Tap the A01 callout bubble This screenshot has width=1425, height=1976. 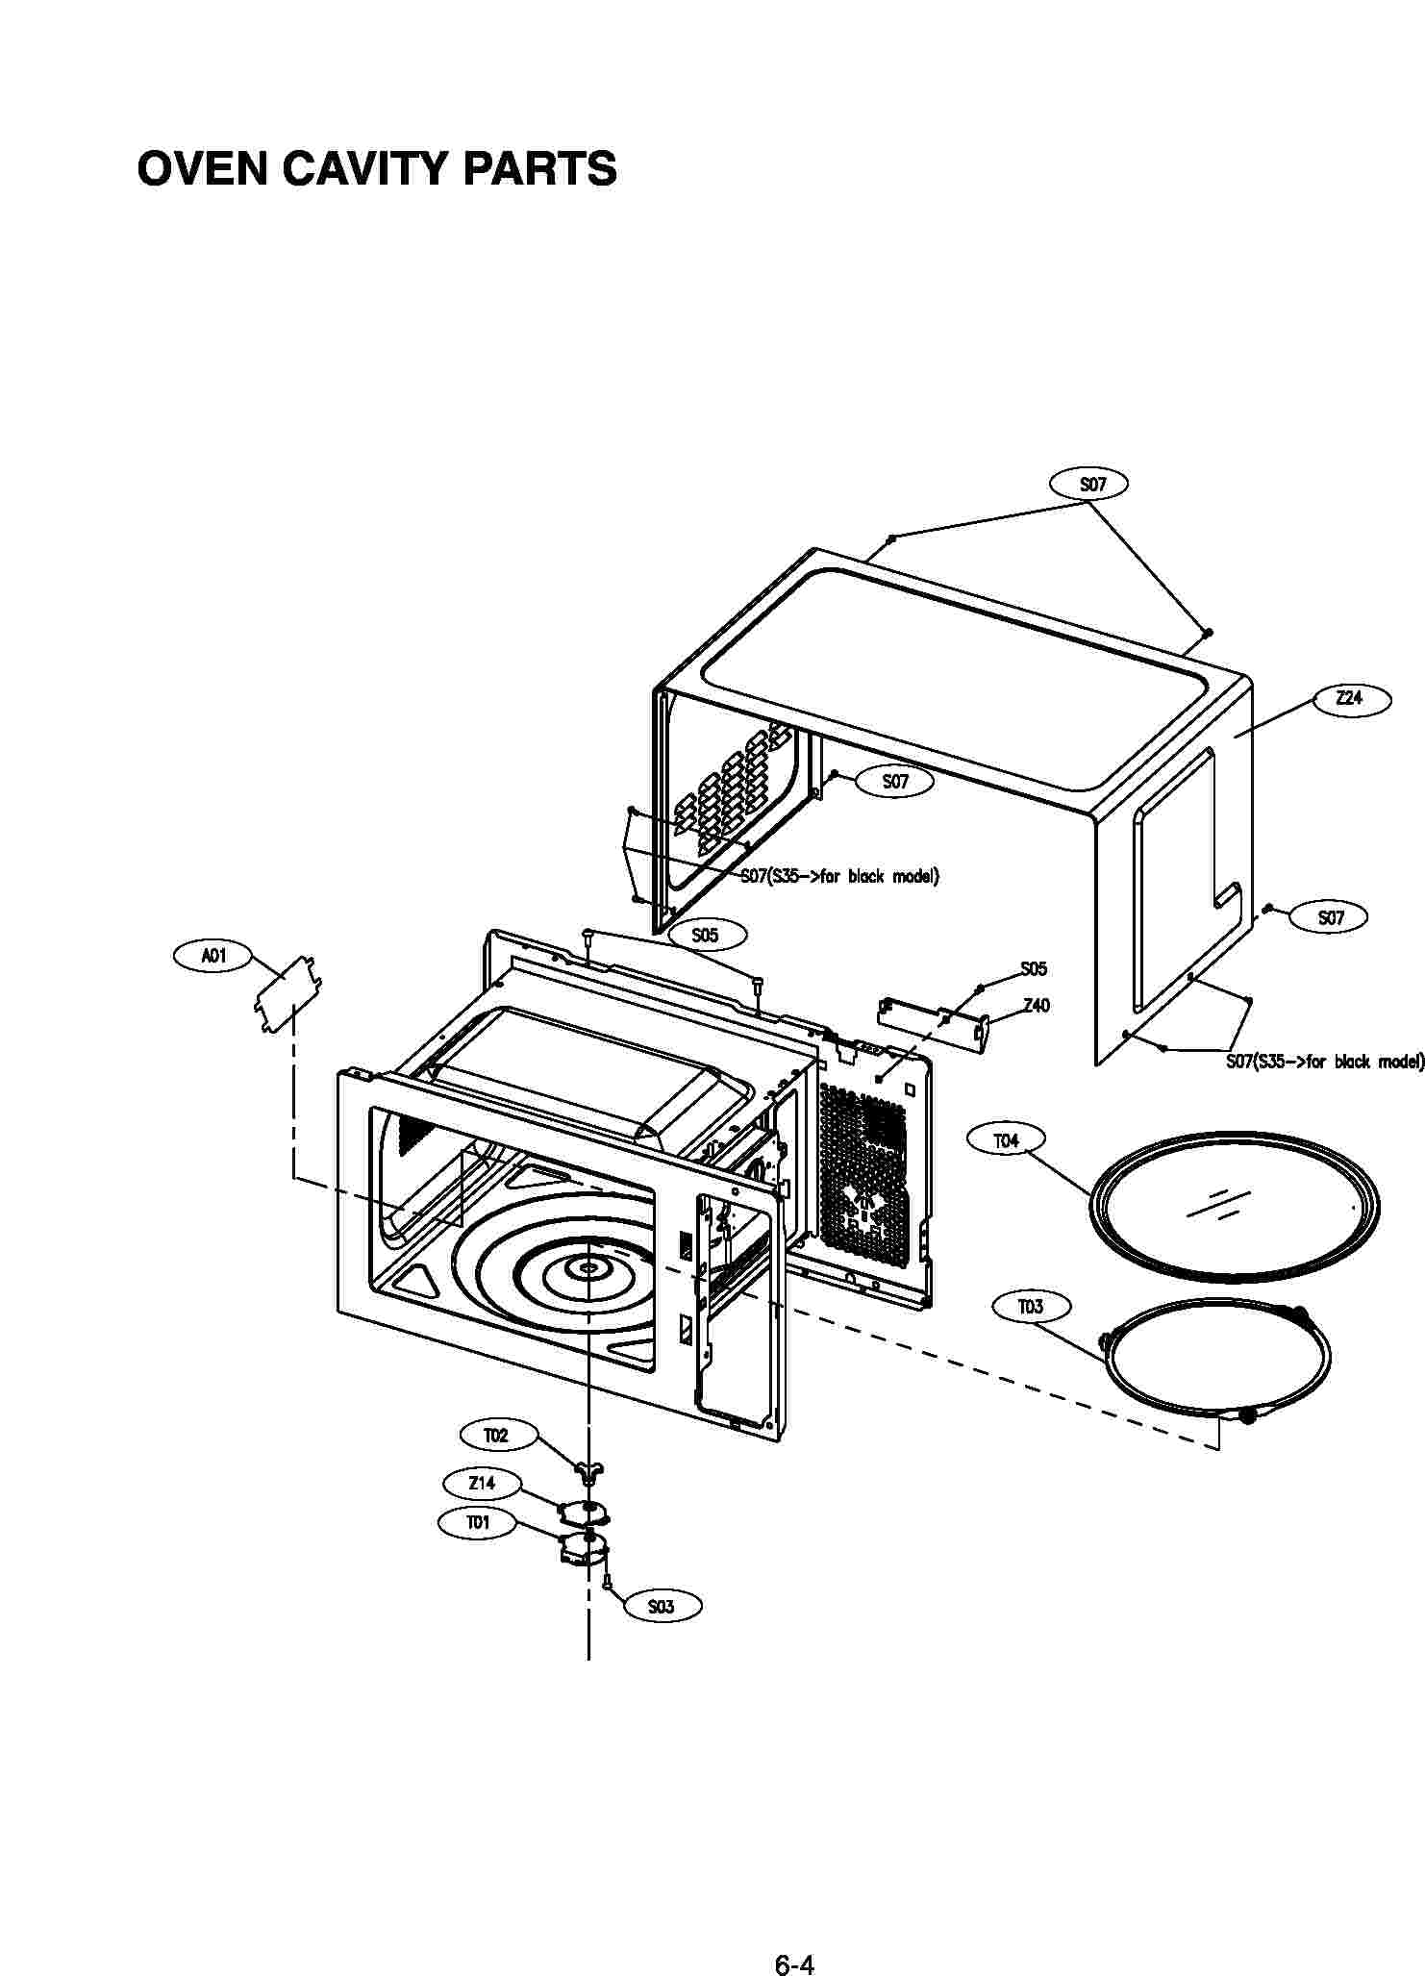click(213, 956)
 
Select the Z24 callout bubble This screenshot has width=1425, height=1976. click(1350, 699)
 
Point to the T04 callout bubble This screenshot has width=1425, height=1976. click(1006, 1140)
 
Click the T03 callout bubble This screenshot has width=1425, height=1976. click(1030, 1307)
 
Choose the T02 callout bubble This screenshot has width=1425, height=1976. click(495, 1436)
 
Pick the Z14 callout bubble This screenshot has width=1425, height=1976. click(482, 1483)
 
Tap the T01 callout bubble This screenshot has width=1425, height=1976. click(478, 1523)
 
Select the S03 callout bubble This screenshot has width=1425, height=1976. click(662, 1607)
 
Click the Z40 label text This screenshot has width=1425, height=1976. click(1037, 1006)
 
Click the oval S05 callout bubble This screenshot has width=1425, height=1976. click(705, 935)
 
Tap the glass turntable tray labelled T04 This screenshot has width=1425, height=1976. click(1235, 1206)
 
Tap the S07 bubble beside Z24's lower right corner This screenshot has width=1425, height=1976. click(1331, 917)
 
